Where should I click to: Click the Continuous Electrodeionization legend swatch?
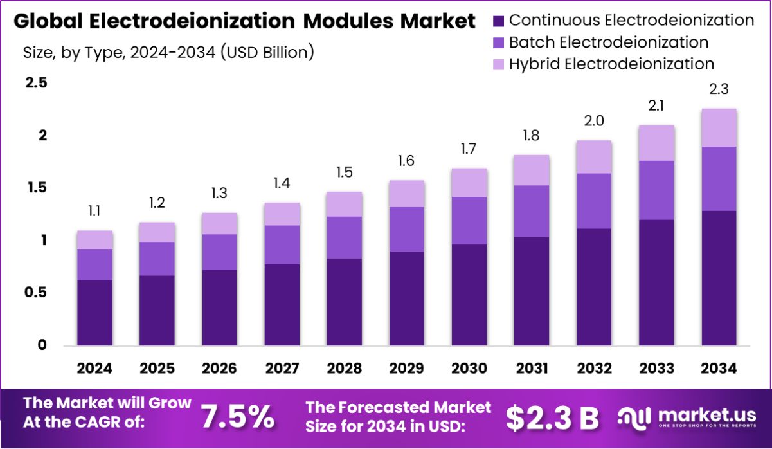tap(499, 21)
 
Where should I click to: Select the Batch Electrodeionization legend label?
tap(608, 42)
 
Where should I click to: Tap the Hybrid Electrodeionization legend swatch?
tap(499, 64)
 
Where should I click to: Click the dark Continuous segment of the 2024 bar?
tap(94, 313)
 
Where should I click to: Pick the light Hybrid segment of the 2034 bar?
tap(719, 127)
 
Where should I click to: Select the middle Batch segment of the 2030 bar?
tap(469, 221)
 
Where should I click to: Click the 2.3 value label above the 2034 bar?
tap(719, 89)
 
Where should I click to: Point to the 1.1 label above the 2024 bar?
tap(94, 211)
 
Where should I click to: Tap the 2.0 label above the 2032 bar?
tap(594, 121)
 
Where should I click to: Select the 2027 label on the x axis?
tap(282, 369)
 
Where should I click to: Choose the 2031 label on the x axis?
tap(532, 369)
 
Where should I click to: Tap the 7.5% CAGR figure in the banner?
tap(237, 417)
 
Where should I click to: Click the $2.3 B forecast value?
tap(552, 417)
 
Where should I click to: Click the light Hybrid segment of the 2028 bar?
tap(344, 204)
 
